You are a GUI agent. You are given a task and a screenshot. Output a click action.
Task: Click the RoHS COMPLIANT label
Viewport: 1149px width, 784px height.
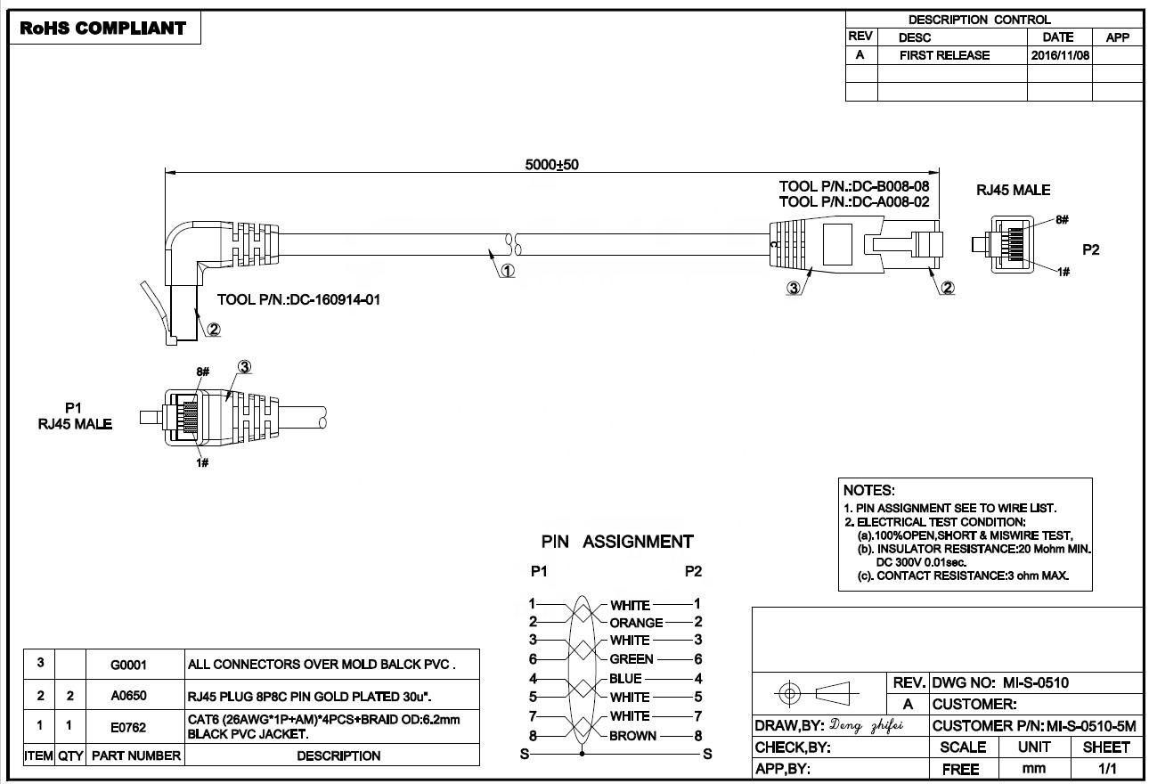click(x=102, y=29)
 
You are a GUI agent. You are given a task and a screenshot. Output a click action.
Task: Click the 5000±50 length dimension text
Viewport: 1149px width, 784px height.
click(x=552, y=165)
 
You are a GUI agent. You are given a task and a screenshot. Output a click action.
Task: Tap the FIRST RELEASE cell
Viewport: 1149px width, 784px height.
click(x=944, y=55)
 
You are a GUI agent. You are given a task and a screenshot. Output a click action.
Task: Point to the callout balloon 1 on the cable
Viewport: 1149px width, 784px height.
click(x=507, y=271)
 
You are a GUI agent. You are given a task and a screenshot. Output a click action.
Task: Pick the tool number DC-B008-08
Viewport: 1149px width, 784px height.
click(x=891, y=187)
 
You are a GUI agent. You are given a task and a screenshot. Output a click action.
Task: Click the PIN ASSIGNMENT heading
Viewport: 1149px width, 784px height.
click(x=617, y=542)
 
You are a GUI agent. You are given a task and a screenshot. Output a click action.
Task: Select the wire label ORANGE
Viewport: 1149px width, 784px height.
click(x=636, y=623)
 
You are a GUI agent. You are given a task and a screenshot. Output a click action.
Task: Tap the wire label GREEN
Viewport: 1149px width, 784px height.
click(x=632, y=659)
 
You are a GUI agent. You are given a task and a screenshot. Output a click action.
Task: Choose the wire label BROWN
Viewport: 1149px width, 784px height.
click(x=632, y=736)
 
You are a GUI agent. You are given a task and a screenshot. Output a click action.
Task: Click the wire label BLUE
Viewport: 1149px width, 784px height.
click(x=625, y=679)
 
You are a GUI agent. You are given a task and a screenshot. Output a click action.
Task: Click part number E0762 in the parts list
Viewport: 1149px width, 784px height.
click(x=128, y=727)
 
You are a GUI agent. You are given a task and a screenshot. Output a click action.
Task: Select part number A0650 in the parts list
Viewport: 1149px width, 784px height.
click(x=128, y=696)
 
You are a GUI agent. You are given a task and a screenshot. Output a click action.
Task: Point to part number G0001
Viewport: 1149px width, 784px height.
click(x=128, y=665)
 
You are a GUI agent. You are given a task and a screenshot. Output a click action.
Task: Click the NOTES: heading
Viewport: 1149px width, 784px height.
click(x=868, y=490)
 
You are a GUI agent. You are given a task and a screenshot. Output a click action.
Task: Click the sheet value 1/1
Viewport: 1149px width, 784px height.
click(x=1107, y=768)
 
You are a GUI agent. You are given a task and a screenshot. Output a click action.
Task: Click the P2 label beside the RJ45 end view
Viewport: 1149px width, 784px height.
click(x=1090, y=250)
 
